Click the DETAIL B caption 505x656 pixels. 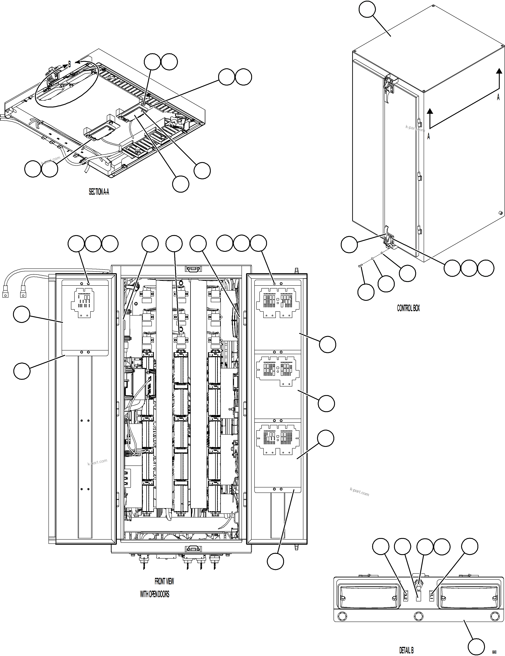tap(406, 650)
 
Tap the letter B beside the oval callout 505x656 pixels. tap(69, 64)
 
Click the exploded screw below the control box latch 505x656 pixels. tap(359, 265)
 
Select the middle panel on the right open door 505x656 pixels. tap(278, 386)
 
